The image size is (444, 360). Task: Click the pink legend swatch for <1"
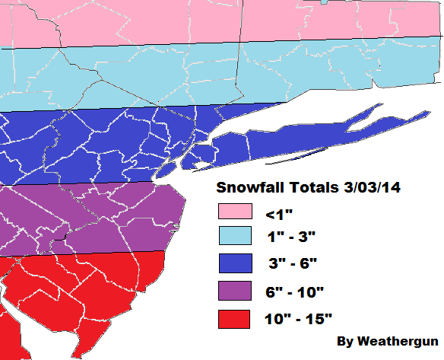point(236,212)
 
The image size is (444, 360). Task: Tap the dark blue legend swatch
point(236,264)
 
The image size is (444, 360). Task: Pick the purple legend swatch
point(236,291)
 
